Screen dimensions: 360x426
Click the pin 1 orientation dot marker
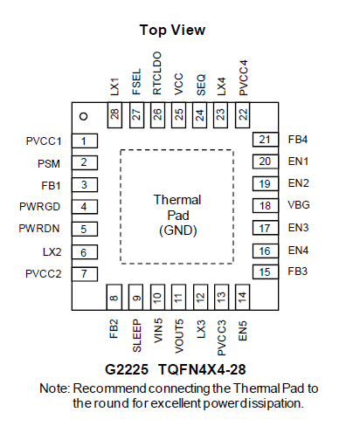[84, 116]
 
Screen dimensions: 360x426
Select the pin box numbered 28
[114, 115]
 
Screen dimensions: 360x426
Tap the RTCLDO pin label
[157, 73]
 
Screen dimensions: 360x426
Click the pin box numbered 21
[266, 140]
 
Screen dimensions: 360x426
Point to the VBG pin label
[299, 205]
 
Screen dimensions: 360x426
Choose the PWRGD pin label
[39, 207]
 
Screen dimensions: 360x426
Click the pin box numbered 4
[85, 207]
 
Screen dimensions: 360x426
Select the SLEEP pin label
[136, 336]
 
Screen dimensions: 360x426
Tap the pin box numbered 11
[178, 297]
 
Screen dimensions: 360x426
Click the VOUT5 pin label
[179, 336]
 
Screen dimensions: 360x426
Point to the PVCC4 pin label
[243, 78]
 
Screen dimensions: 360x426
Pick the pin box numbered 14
[242, 297]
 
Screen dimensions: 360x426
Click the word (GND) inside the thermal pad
[178, 230]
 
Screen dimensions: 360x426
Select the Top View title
[172, 31]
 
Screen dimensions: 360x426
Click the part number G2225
[127, 369]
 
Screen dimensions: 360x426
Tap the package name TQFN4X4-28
[202, 369]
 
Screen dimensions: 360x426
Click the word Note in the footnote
[54, 388]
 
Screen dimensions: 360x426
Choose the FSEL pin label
[136, 82]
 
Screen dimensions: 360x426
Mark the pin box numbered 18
[266, 206]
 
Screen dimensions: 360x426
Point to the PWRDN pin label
[39, 229]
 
